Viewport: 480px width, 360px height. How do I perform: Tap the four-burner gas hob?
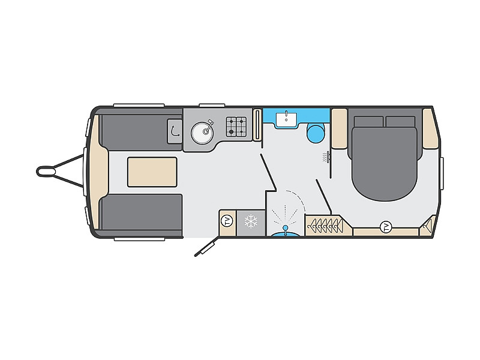point(236,127)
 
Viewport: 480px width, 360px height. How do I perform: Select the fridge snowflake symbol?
point(251,221)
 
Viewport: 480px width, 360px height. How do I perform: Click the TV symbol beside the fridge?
point(227,221)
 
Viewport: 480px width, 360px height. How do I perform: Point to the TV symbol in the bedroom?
point(386,227)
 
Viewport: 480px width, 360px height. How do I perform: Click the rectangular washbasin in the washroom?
point(286,119)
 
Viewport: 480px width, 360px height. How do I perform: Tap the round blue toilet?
point(316,133)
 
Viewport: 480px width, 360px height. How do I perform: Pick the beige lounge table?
point(152,172)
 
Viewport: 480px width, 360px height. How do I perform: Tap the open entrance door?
point(207,246)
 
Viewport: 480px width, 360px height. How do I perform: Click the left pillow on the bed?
point(368,122)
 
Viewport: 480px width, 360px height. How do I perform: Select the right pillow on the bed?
point(400,122)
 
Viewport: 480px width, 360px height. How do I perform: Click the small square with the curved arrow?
point(175,131)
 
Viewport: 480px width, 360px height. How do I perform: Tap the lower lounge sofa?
point(142,212)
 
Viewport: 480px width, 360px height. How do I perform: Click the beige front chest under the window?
point(98,172)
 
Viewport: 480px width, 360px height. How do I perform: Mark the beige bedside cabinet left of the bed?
point(339,128)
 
